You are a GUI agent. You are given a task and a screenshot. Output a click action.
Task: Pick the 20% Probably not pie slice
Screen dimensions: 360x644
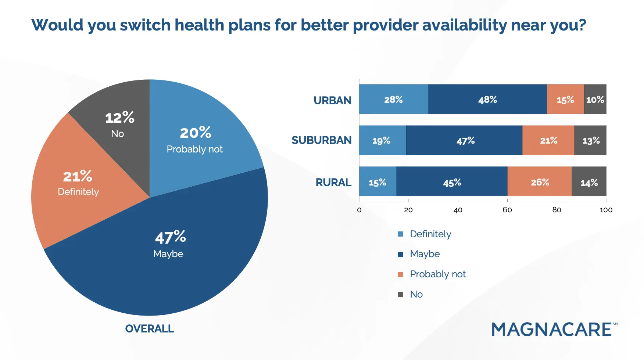click(x=195, y=140)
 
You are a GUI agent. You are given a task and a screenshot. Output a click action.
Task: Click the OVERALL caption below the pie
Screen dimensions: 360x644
click(x=150, y=328)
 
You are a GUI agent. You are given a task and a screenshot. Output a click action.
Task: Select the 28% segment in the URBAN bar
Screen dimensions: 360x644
click(x=393, y=100)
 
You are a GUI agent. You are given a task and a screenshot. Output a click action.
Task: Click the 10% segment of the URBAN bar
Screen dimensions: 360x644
click(x=595, y=100)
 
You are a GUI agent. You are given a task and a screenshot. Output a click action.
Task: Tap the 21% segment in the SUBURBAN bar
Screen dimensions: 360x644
click(x=548, y=140)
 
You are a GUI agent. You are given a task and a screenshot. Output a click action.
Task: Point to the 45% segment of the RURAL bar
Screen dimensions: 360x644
click(x=452, y=182)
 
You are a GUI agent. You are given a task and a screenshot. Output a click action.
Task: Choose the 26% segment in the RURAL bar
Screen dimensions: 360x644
click(x=540, y=182)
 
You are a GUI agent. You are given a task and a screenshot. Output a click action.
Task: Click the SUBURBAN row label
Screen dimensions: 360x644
click(x=321, y=140)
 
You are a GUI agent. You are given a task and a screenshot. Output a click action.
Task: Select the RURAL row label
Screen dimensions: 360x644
click(x=333, y=182)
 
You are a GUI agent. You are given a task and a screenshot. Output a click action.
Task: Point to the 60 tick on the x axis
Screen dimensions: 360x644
click(x=507, y=210)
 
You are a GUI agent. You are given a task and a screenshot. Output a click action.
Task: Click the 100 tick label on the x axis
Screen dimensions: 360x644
click(x=606, y=210)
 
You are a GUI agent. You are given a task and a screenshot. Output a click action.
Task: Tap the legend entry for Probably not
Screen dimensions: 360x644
click(x=437, y=274)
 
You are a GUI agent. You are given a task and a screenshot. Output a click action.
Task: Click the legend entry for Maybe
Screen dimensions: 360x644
click(x=425, y=254)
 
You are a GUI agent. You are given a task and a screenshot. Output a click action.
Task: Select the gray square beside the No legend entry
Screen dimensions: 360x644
click(x=400, y=294)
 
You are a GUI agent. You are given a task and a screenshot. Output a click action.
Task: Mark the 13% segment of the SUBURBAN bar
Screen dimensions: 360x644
click(x=591, y=140)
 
